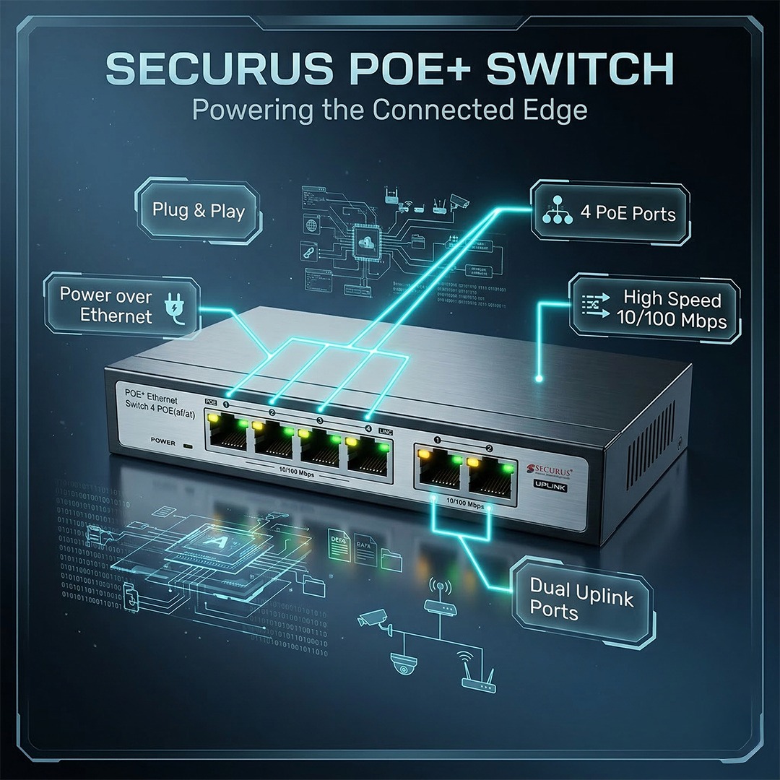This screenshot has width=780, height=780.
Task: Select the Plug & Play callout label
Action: (199, 211)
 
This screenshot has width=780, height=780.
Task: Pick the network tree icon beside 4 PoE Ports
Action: (555, 213)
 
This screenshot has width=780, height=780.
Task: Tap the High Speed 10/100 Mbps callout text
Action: (672, 310)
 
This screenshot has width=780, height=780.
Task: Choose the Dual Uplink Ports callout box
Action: (581, 599)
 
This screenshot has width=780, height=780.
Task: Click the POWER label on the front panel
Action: (163, 441)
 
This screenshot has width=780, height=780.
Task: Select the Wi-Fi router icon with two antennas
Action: (477, 676)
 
